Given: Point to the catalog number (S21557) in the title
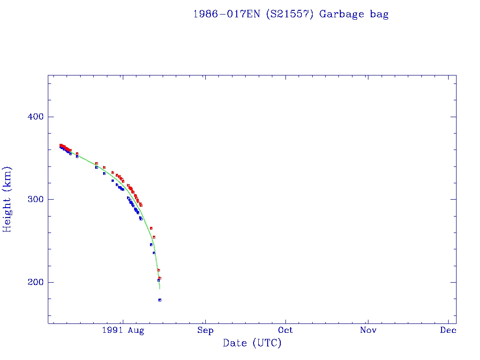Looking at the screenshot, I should pos(290,14).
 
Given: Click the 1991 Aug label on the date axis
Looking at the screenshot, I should pos(122,330).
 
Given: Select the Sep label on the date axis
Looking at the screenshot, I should pos(205,330).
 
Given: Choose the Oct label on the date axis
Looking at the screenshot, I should pos(285,330).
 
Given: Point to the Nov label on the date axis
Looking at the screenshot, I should pos(368,330).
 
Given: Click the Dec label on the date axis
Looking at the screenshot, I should pos(449,330).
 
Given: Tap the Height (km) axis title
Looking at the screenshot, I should pos(7,199).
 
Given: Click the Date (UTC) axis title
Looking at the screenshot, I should pos(252,343).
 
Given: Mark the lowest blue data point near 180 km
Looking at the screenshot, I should pos(160,300).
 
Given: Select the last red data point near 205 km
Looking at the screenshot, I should pos(160,278).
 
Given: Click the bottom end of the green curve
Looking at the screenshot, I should pos(160,289).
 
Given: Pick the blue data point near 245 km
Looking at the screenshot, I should pos(151,245).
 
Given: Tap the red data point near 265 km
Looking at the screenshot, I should pos(151,228).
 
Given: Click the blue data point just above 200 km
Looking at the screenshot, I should pos(158,280).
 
